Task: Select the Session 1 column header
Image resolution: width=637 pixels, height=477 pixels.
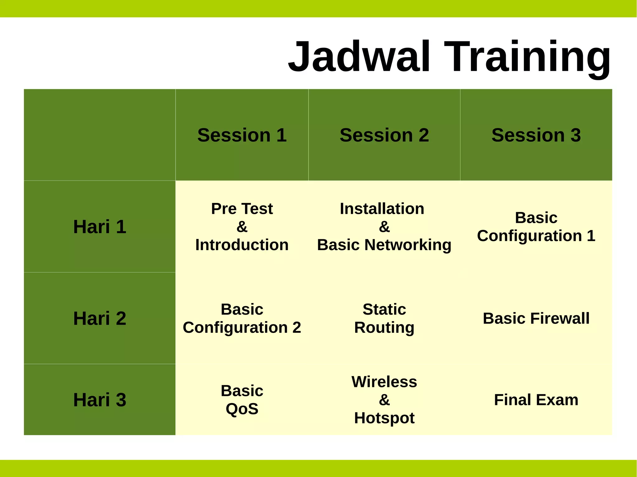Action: [242, 135]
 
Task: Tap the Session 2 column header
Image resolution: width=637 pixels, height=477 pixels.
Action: [384, 135]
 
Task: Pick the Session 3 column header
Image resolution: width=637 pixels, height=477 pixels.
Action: [536, 135]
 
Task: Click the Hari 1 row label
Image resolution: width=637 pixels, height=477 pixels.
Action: [100, 227]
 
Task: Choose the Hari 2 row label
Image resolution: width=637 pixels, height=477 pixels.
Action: [100, 318]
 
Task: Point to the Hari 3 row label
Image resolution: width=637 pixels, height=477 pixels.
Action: [100, 400]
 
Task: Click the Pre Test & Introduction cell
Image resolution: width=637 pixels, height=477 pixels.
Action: [242, 227]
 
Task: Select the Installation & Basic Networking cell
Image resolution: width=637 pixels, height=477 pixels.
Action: [384, 227]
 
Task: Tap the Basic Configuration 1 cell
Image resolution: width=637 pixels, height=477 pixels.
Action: [536, 227]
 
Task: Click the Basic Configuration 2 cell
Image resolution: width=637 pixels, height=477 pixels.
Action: [242, 318]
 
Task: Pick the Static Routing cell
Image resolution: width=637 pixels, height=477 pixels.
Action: [384, 318]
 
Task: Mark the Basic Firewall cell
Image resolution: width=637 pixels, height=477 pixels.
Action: [536, 318]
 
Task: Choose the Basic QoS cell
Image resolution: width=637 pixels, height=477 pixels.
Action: [242, 400]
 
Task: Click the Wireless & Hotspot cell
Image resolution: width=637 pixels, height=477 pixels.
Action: [384, 400]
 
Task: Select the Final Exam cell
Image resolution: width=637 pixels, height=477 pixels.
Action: [536, 400]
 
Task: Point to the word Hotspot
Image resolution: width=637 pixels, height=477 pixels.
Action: [384, 418]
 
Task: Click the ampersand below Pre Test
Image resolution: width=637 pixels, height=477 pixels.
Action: [242, 227]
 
